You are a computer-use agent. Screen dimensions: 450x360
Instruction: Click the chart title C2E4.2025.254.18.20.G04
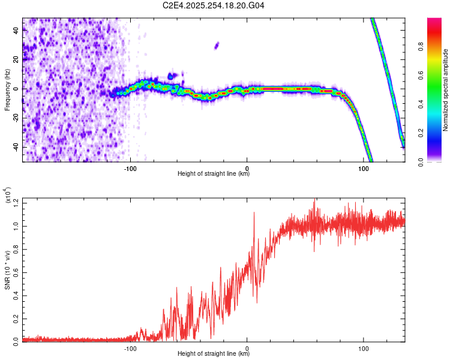pyautogui.click(x=213, y=5)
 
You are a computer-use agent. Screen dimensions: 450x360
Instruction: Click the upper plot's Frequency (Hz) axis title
pyautogui.click(x=7, y=90)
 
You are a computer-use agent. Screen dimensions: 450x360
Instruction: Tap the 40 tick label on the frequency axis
pyautogui.click(x=16, y=30)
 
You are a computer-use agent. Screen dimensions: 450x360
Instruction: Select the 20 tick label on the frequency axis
pyautogui.click(x=16, y=59)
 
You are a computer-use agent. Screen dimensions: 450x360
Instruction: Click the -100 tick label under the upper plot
pyautogui.click(x=130, y=169)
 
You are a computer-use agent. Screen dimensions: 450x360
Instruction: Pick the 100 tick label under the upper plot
pyautogui.click(x=364, y=169)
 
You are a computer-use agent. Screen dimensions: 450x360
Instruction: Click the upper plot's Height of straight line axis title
pyautogui.click(x=214, y=173)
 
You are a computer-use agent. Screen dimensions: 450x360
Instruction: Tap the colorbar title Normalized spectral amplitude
pyautogui.click(x=445, y=90)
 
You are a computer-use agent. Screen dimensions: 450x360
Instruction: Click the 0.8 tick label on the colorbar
pyautogui.click(x=421, y=46)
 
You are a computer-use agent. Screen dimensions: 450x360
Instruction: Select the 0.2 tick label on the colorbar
pyautogui.click(x=421, y=133)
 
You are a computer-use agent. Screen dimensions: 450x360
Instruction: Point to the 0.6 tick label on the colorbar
pyautogui.click(x=421, y=75)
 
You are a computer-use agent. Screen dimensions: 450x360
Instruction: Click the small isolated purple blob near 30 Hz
pyautogui.click(x=217, y=46)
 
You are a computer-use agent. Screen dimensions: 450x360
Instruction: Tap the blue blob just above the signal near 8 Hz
pyautogui.click(x=172, y=76)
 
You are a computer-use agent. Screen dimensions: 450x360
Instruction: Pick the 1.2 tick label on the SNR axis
pyautogui.click(x=16, y=203)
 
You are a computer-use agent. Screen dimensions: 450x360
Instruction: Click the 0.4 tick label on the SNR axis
pyautogui.click(x=16, y=296)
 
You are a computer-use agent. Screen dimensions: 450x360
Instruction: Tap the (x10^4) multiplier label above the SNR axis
pyautogui.click(x=8, y=195)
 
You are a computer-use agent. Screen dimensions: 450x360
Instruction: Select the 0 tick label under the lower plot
pyautogui.click(x=247, y=349)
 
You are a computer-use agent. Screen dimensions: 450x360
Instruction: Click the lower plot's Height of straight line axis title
pyautogui.click(x=214, y=353)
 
